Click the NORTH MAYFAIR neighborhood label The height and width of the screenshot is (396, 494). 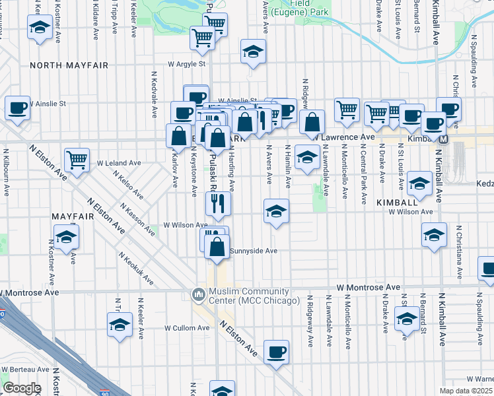69,65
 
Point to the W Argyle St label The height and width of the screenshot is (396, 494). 187,64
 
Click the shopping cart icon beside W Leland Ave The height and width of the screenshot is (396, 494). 77,159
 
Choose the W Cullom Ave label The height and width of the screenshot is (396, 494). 187,327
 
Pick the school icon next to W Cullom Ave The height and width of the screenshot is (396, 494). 120,325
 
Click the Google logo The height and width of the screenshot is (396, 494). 22,388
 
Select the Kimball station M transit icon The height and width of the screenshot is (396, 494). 444,139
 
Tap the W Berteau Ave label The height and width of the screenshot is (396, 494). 24,370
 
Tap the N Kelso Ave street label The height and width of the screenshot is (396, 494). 128,185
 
